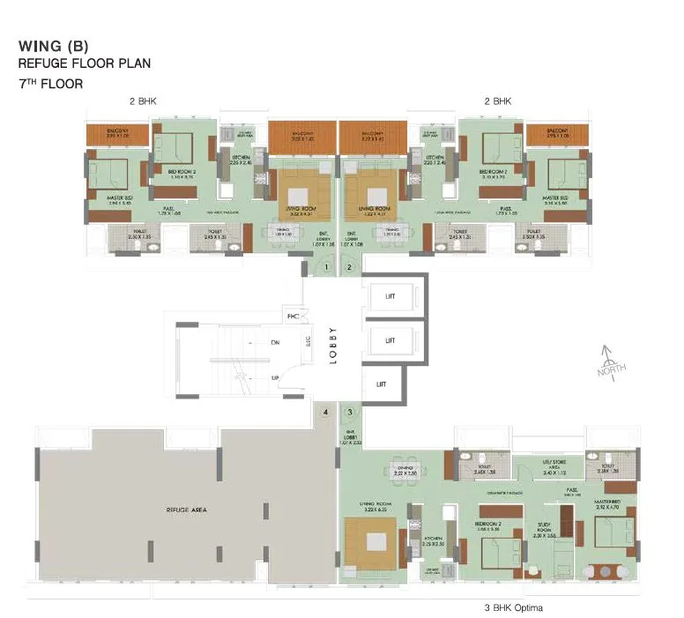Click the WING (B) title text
(x=53, y=47)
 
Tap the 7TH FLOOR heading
(x=50, y=84)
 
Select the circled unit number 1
(x=326, y=266)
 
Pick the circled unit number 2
(x=350, y=266)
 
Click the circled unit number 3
(x=350, y=412)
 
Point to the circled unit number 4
(x=326, y=412)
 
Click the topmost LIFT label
(x=390, y=296)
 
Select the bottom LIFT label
(x=381, y=384)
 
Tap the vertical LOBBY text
(x=333, y=339)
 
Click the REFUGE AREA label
(x=185, y=510)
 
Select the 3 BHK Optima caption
(x=513, y=608)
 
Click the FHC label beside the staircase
(x=292, y=315)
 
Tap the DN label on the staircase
(x=276, y=342)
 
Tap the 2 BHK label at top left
(x=142, y=102)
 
